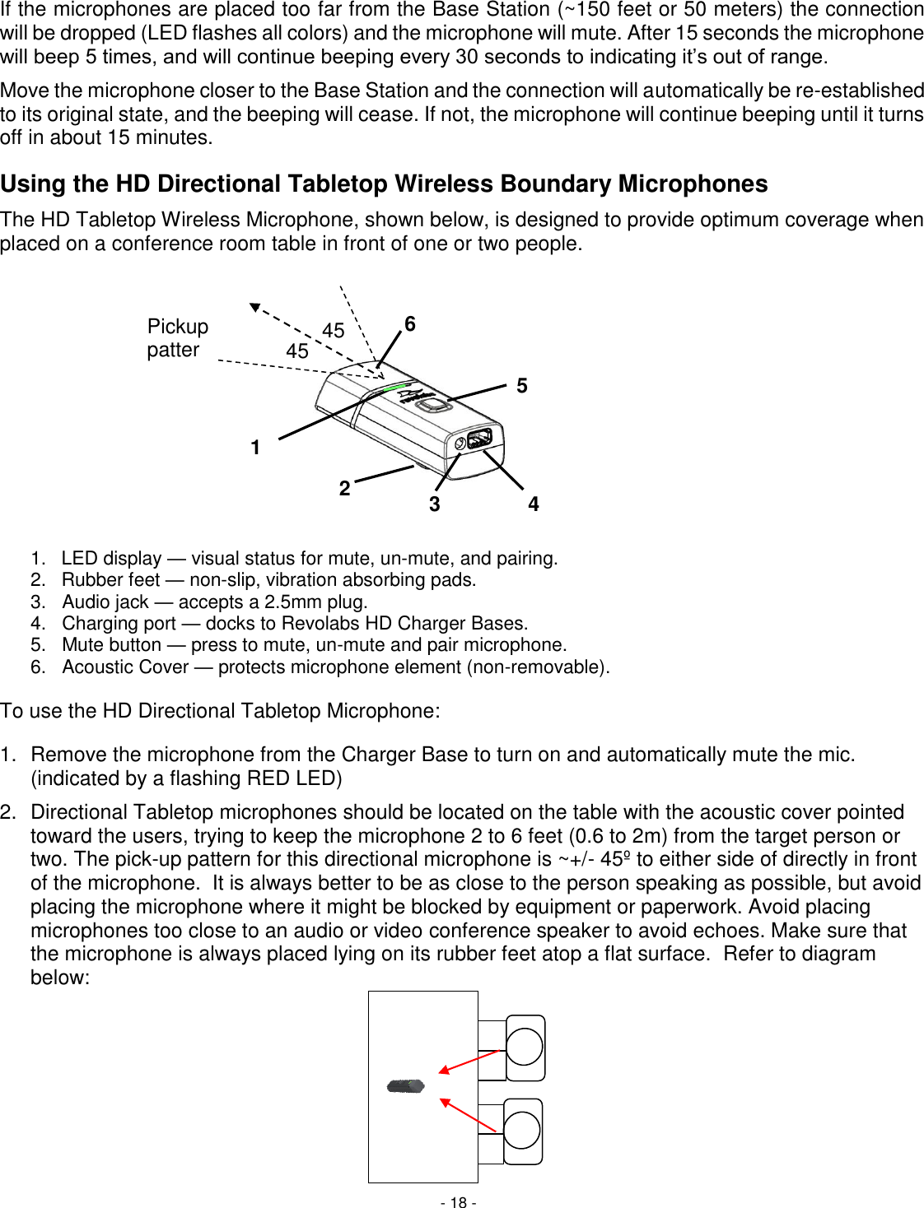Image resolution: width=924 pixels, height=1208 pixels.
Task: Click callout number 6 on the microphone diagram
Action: [409, 324]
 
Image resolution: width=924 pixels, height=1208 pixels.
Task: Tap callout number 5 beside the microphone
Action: [521, 386]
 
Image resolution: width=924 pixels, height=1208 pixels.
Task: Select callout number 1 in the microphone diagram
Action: [255, 448]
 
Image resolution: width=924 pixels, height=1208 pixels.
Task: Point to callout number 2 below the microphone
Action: [344, 489]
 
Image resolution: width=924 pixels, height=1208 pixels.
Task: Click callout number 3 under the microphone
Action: [434, 504]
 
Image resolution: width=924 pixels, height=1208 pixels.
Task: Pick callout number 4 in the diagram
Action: [534, 504]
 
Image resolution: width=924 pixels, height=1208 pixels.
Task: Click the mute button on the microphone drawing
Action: [431, 404]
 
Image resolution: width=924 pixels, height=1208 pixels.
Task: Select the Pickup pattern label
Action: [177, 338]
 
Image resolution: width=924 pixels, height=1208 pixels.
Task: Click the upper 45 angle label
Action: [333, 331]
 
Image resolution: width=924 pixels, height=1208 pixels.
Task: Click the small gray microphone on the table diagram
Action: [406, 1086]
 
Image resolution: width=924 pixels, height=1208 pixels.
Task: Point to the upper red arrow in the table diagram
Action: [469, 1062]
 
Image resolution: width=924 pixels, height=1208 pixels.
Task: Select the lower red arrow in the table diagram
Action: [469, 1115]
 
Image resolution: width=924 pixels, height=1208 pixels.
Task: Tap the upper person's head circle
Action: [525, 1048]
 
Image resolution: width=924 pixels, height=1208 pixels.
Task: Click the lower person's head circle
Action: [522, 1131]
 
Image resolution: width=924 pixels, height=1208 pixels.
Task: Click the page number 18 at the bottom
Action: [458, 1202]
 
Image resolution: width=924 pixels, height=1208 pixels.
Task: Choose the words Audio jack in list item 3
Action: [105, 602]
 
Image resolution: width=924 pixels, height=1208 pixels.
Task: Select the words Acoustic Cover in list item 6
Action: [125, 667]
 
